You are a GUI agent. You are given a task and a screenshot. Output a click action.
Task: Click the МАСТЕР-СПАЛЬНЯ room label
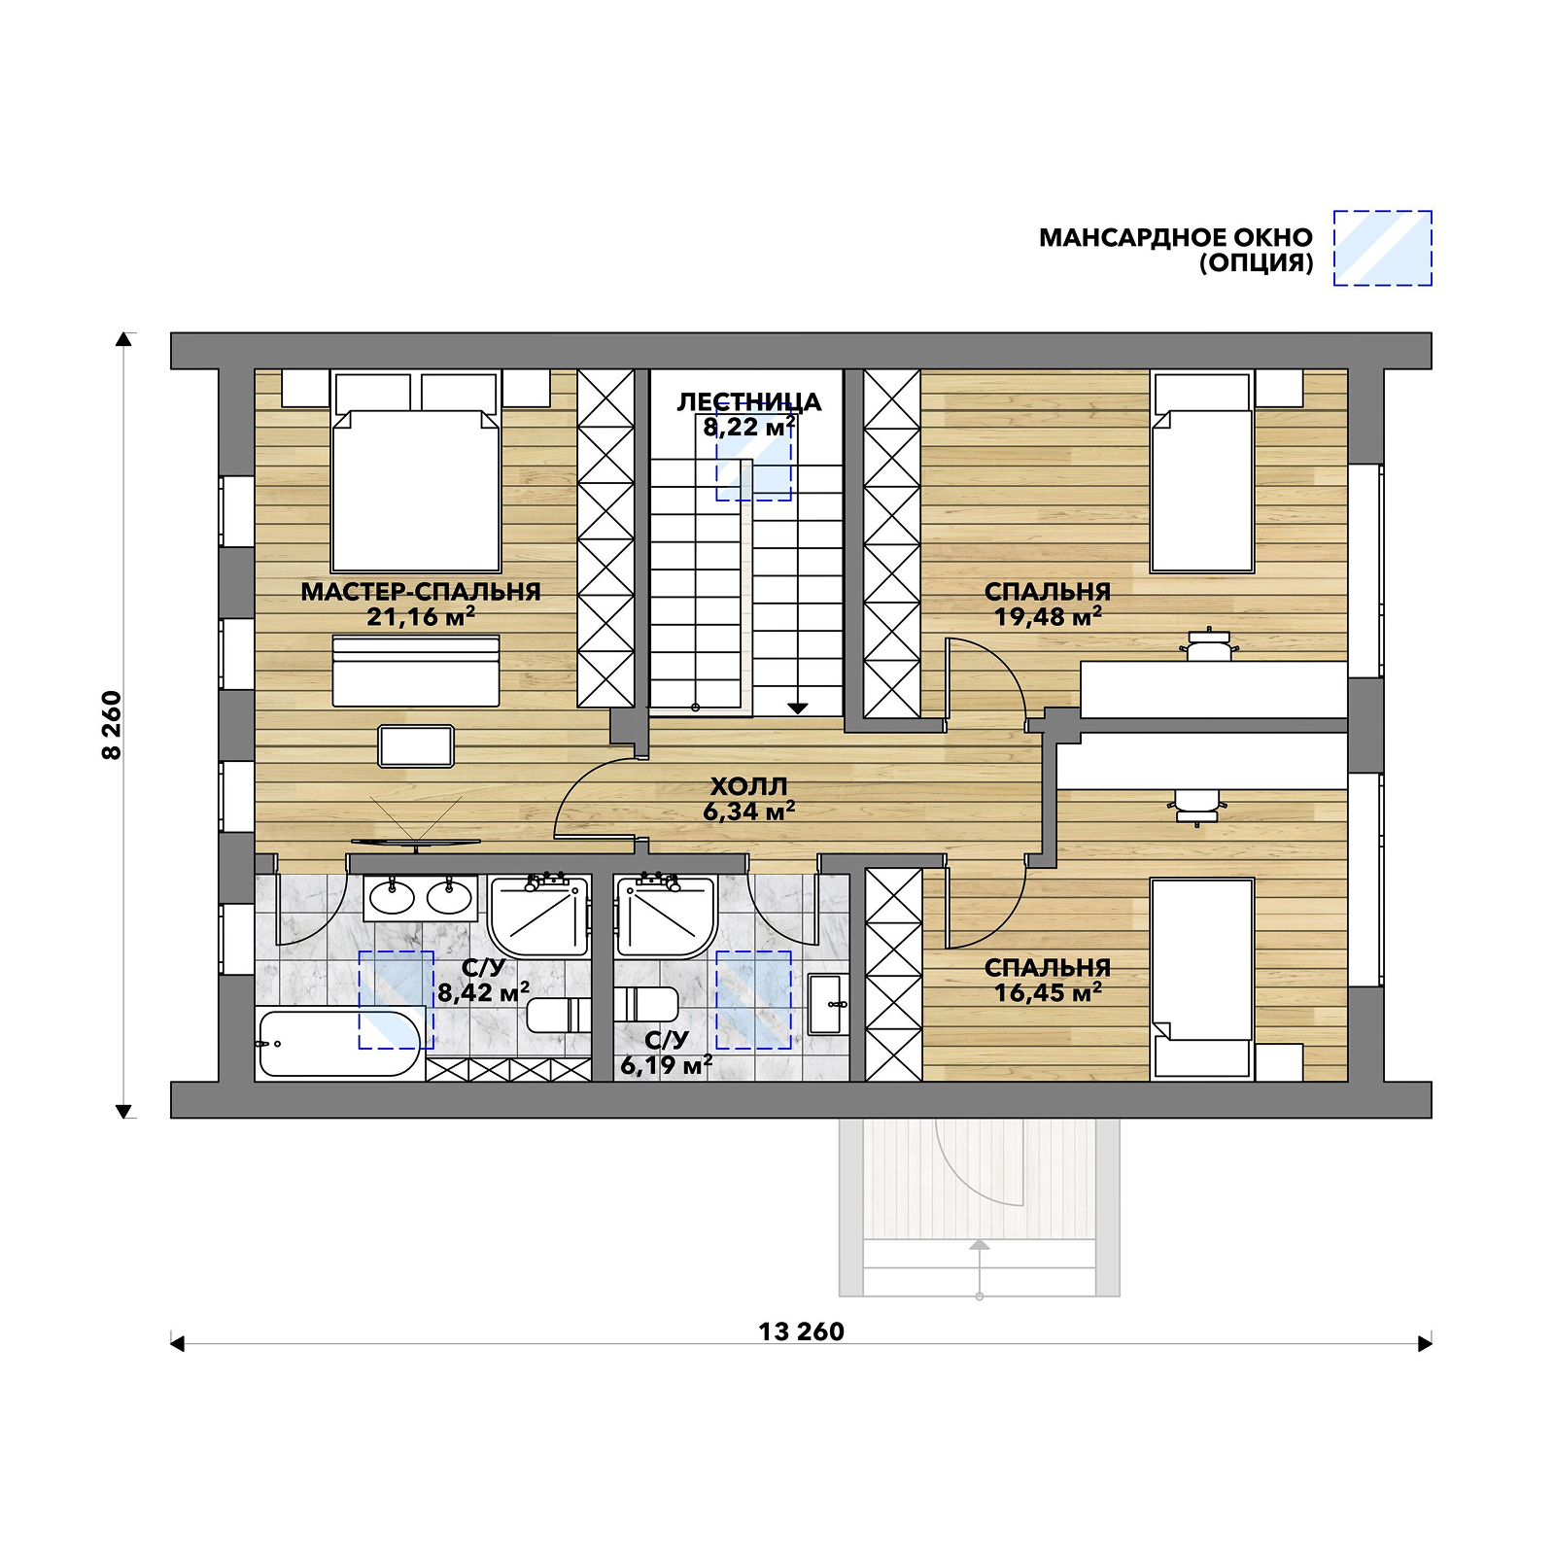421,591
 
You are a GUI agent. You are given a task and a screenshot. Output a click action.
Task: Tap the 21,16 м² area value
421,616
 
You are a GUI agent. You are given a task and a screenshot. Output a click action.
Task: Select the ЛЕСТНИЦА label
749,401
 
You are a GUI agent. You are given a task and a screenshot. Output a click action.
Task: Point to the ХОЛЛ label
748,785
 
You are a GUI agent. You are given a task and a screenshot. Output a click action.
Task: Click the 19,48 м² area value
1048,616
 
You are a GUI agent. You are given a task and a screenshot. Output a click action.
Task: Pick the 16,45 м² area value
1048,992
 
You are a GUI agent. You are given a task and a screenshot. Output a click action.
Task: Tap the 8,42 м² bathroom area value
483,992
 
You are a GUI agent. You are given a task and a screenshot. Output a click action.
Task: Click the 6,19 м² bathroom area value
667,1065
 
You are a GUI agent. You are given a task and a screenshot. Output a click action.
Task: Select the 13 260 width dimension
802,1331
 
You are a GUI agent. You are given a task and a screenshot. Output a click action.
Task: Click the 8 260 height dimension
113,725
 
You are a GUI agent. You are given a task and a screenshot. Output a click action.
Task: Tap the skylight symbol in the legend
1382,248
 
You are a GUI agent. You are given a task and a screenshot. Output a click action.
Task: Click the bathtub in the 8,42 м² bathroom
341,1044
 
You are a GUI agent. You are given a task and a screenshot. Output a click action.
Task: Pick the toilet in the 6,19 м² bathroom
646,1004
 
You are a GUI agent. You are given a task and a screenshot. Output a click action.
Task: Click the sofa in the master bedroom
416,671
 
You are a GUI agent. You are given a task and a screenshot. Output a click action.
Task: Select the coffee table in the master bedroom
416,746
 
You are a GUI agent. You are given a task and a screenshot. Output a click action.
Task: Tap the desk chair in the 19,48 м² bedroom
1208,644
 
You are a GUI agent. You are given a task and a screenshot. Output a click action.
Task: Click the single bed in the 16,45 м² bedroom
1202,980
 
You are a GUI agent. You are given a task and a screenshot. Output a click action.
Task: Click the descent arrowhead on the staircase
798,708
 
